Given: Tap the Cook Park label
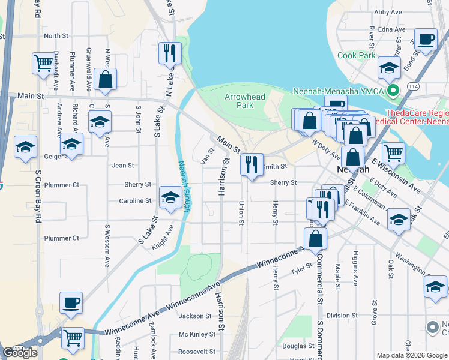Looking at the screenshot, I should pos(356,56).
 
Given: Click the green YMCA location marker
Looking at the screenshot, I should pos(394,91).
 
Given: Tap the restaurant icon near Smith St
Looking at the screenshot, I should pos(252,164).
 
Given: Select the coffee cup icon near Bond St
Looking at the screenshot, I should pos(426,40).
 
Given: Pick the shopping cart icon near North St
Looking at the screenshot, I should pos(43,63).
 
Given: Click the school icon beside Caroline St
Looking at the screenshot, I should pos(170,197).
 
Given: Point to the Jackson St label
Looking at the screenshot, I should pos(195,316).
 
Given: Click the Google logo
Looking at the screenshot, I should pos(20,353).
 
